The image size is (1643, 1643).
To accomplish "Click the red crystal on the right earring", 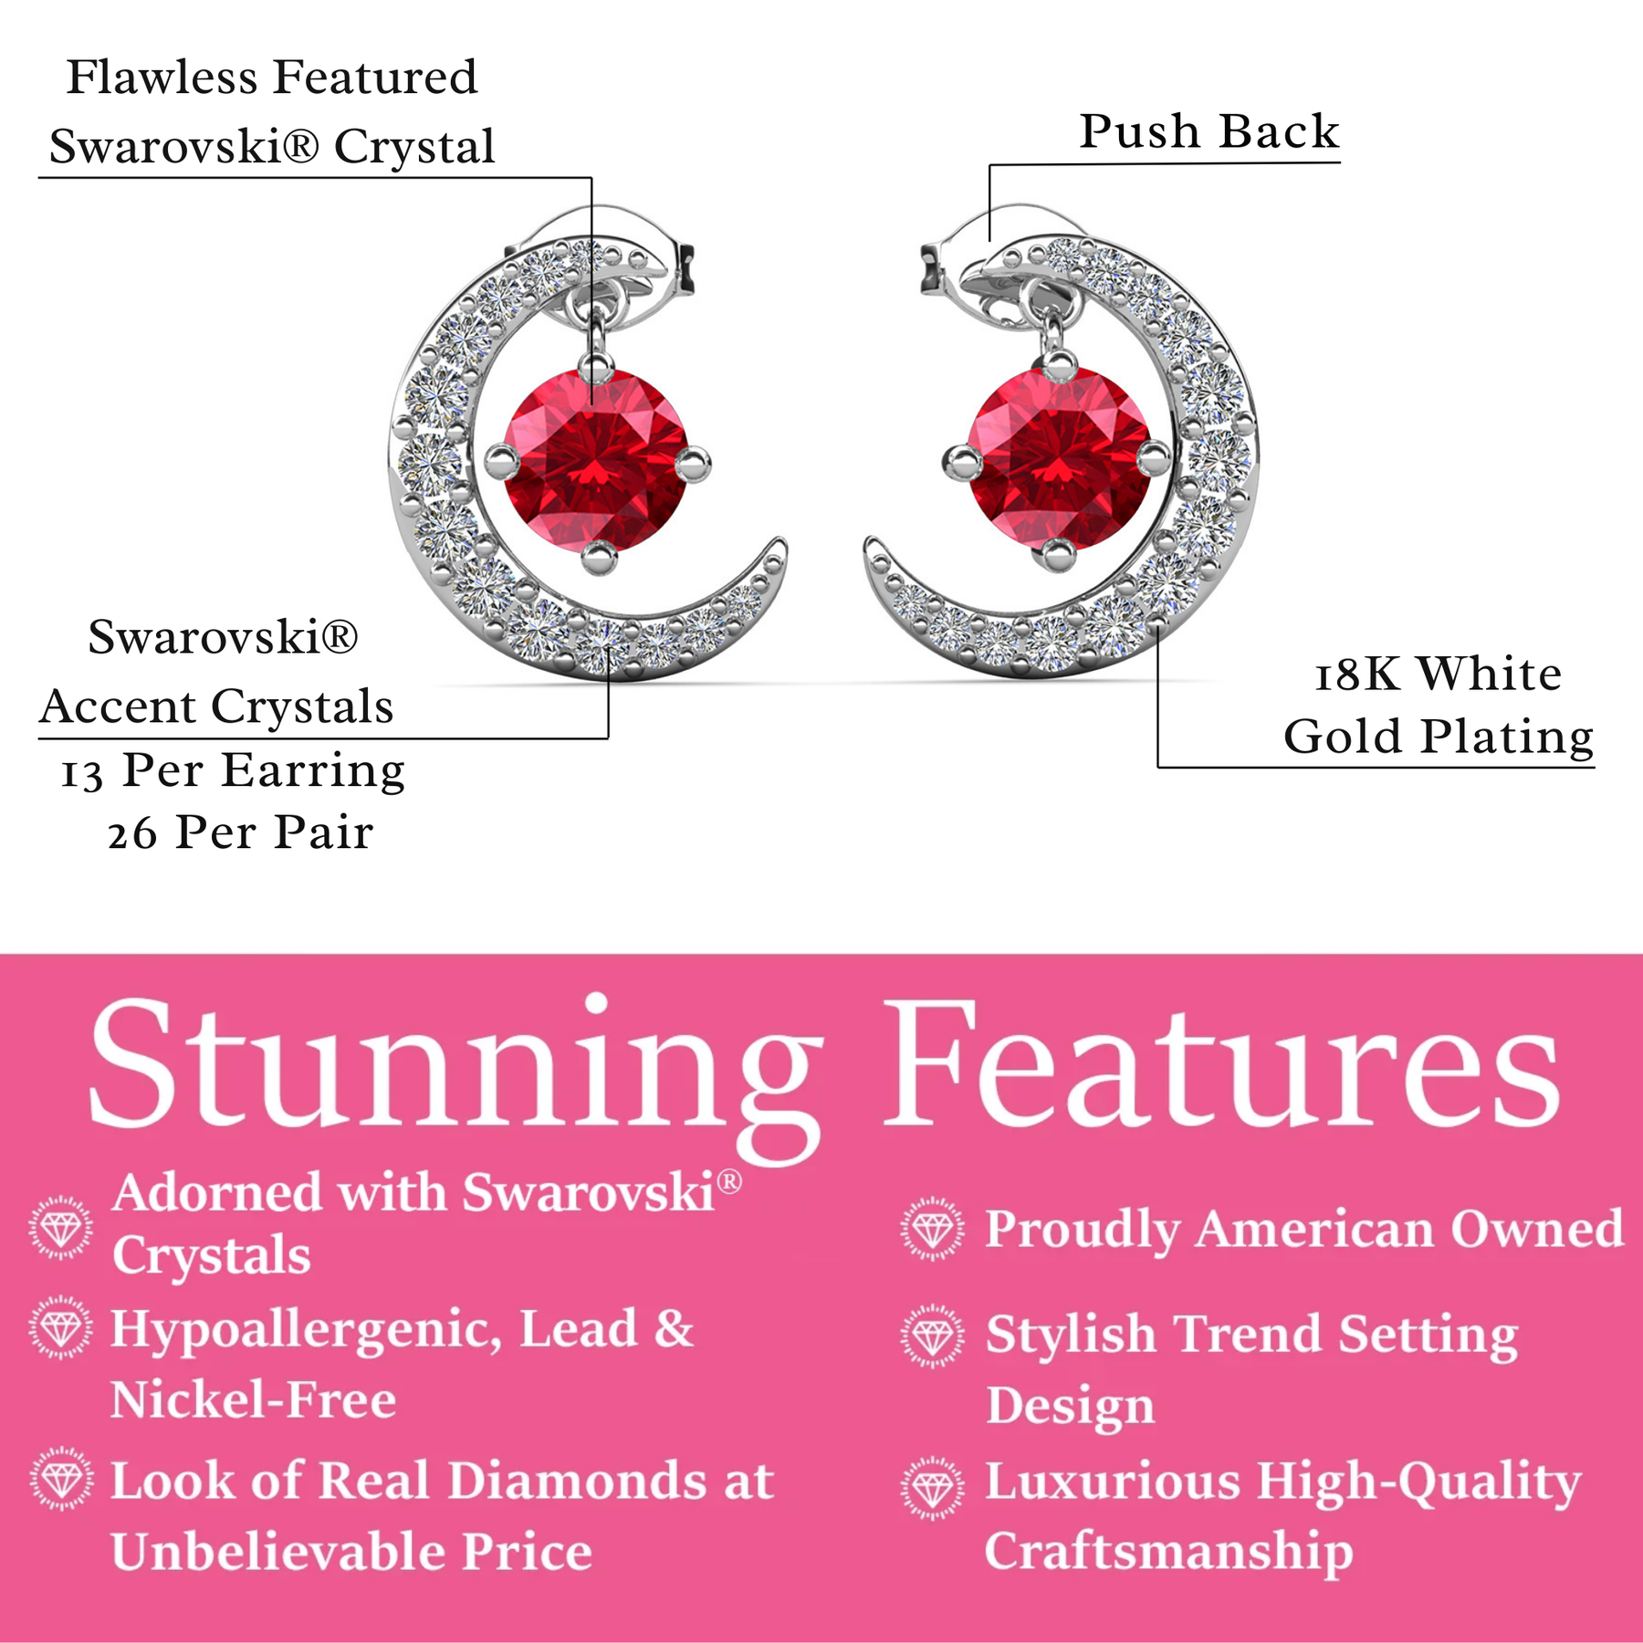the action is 1059,459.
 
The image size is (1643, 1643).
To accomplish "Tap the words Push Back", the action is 1209,131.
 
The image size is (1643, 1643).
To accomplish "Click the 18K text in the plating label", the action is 1356,675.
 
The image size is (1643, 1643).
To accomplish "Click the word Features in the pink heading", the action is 1222,1063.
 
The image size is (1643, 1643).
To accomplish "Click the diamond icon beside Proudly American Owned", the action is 932,1230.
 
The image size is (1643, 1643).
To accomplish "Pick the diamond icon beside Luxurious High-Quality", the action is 932,1489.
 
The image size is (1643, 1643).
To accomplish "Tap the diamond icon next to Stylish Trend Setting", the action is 932,1336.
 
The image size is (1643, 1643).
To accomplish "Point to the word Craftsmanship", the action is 1168,1554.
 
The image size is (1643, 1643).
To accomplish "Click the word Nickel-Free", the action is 254,1400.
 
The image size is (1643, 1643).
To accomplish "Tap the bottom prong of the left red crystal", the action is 599,556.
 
